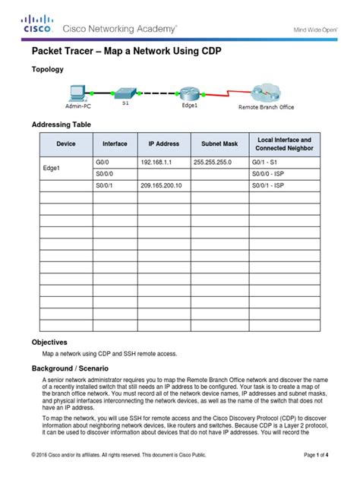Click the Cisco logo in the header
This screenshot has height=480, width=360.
pos(36,25)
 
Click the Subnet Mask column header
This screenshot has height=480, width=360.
pos(219,144)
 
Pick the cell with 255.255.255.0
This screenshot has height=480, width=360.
pos(216,163)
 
